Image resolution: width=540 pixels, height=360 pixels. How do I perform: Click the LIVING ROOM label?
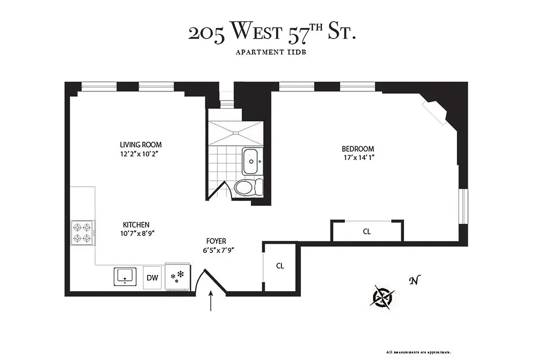click(x=140, y=145)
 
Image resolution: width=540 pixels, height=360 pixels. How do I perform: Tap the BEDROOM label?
click(x=358, y=149)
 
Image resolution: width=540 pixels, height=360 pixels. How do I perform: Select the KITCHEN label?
click(x=136, y=225)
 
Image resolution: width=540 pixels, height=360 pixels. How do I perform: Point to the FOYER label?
click(x=216, y=241)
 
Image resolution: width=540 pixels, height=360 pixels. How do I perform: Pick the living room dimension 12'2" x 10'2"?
click(x=140, y=154)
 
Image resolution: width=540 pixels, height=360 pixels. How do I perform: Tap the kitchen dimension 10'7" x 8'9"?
click(x=136, y=233)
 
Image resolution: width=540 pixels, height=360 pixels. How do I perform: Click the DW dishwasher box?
click(x=153, y=277)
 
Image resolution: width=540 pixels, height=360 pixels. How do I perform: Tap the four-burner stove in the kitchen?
click(x=82, y=233)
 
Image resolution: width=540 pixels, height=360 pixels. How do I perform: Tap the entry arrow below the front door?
click(x=211, y=301)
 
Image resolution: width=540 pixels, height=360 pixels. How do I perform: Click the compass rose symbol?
click(x=383, y=297)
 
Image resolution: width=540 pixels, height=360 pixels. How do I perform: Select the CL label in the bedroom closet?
click(x=367, y=232)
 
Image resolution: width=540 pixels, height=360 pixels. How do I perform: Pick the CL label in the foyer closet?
click(x=280, y=265)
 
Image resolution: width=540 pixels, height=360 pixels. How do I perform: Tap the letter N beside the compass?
click(x=412, y=281)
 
